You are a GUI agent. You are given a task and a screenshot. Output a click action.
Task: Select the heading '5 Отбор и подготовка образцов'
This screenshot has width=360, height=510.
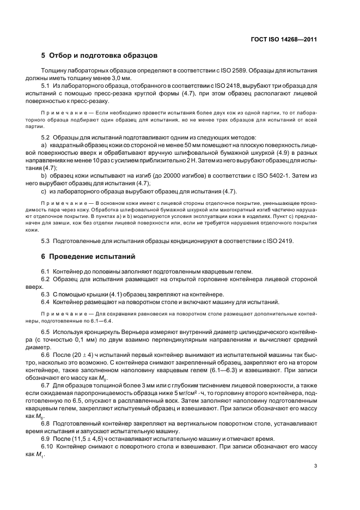pos(100,56)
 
